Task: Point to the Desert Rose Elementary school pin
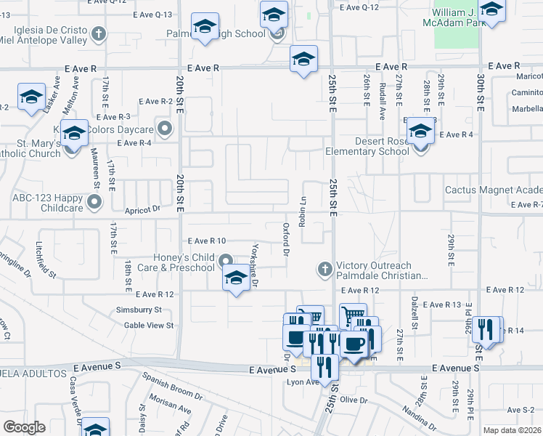coord(420,132)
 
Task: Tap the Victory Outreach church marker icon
coord(324,270)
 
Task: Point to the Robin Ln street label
coord(302,210)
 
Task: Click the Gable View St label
coord(149,326)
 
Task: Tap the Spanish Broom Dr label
coord(172,385)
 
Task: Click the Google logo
coord(25,427)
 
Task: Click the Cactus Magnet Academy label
coord(494,190)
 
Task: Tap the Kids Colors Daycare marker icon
coord(166,130)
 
